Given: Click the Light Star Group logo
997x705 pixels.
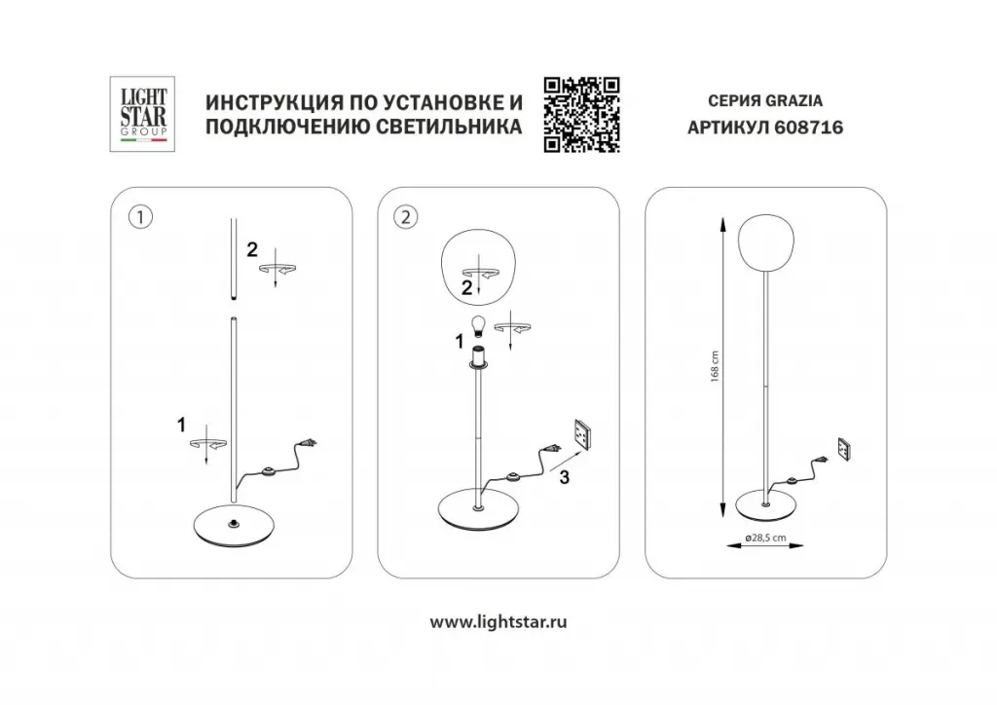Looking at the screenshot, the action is (142, 114).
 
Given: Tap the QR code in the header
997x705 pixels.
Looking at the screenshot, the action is (582, 115).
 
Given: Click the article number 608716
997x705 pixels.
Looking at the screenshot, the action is (809, 128).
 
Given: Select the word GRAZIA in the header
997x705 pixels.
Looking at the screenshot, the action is (794, 100).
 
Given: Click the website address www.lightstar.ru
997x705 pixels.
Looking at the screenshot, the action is (498, 621).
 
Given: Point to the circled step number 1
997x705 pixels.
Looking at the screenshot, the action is (140, 217).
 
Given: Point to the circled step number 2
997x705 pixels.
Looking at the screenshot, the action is (406, 217).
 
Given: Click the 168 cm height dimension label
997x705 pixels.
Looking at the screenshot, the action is (715, 366).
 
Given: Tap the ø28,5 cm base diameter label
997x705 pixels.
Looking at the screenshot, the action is (765, 538).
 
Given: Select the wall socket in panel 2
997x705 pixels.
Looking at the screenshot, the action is (585, 434).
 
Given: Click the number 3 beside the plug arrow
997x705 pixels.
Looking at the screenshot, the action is (565, 477).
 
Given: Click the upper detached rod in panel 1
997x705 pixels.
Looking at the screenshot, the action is (233, 259).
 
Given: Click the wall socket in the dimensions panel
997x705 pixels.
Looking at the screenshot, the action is (845, 449).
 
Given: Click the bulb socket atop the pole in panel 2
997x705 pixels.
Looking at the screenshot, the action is (478, 358).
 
